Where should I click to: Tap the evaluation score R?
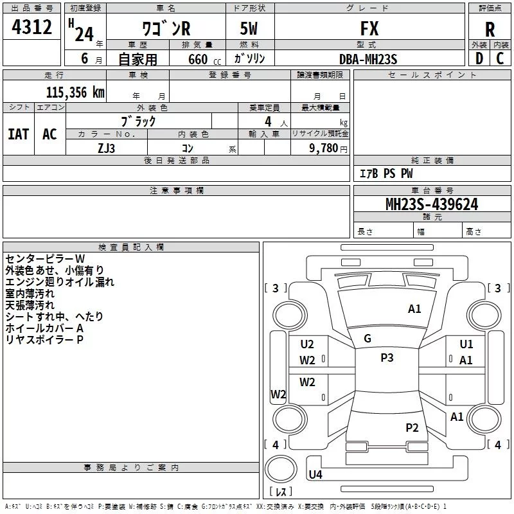[x=490, y=29]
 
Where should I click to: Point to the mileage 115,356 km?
[x=75, y=92]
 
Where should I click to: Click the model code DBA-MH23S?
[x=368, y=59]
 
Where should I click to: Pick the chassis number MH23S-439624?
[x=431, y=204]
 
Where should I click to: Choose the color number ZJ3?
[x=106, y=148]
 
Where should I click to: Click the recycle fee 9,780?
[x=323, y=148]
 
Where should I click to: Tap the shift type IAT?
[x=19, y=134]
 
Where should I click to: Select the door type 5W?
[x=250, y=28]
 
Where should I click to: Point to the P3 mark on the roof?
[x=387, y=358]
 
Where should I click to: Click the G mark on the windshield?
[x=368, y=339]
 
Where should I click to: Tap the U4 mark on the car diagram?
[x=315, y=475]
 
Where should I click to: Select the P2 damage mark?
[x=412, y=427]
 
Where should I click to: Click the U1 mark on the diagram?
[x=466, y=344]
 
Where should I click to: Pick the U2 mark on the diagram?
[x=307, y=344]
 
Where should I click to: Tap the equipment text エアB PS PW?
[x=385, y=173]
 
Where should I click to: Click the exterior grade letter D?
[x=479, y=59]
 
